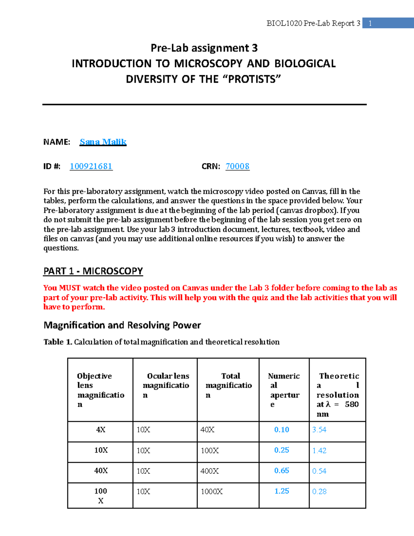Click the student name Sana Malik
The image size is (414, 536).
103,142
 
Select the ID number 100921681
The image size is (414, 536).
91,166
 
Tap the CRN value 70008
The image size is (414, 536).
237,166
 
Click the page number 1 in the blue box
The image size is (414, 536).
370,23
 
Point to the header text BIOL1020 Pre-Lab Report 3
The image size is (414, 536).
313,23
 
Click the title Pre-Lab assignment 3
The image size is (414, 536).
204,48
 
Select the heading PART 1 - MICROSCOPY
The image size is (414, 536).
93,271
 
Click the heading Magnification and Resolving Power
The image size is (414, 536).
122,325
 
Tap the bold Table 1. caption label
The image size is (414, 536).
58,342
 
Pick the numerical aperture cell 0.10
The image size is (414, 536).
282,430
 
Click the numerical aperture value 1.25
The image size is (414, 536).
282,491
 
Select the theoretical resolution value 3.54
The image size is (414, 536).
319,430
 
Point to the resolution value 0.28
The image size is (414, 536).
319,491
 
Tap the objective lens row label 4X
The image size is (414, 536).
101,430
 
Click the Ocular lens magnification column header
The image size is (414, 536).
166,386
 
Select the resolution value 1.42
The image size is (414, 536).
319,450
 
